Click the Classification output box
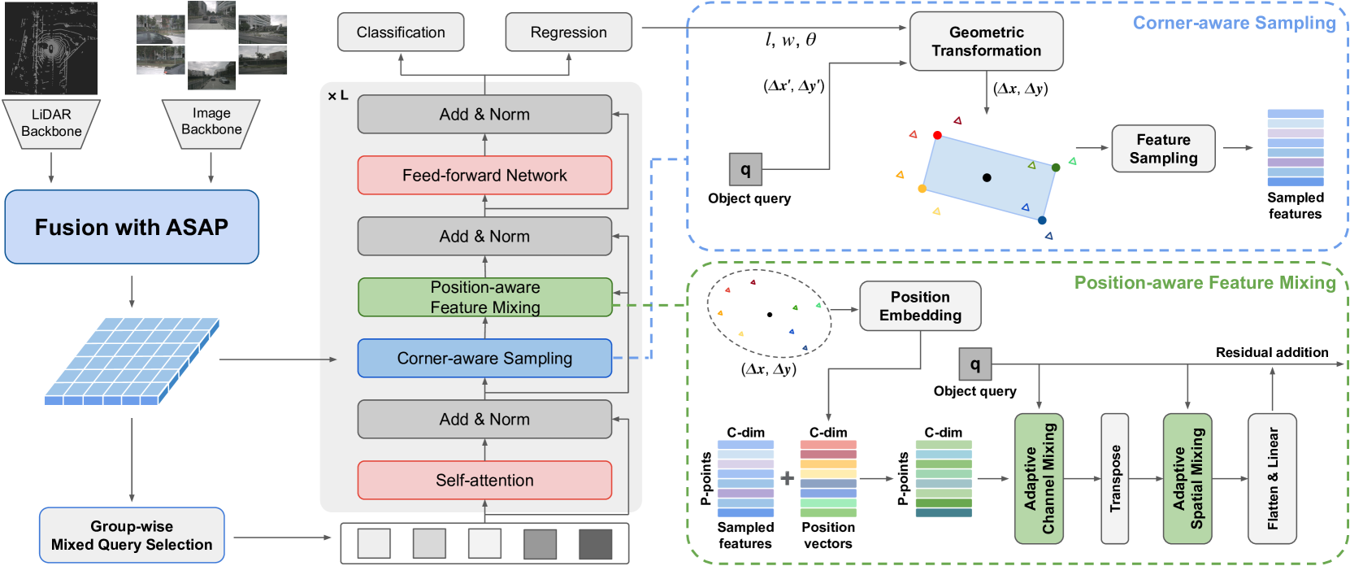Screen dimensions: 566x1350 click(401, 33)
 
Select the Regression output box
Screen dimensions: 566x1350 click(568, 33)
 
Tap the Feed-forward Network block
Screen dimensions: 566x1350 click(484, 176)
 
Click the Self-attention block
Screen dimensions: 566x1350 click(484, 481)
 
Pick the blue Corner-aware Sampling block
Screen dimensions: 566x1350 click(484, 359)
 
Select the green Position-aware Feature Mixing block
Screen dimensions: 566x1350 click(484, 298)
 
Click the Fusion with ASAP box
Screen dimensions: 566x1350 click(132, 227)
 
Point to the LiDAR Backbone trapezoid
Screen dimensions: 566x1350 click(51, 124)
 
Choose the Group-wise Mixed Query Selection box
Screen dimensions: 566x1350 click(132, 535)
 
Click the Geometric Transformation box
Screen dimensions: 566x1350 click(986, 41)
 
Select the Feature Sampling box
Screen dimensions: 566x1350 click(1163, 149)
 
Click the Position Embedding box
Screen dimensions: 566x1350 click(920, 307)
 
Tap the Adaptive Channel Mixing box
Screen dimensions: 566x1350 click(1039, 478)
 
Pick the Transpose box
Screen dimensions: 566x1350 click(1114, 478)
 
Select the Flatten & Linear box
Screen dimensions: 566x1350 click(1272, 478)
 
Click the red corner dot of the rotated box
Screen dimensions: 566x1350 click(937, 135)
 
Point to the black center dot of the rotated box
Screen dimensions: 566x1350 click(987, 177)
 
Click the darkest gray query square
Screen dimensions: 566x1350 click(595, 544)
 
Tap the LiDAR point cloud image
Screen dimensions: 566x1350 click(51, 48)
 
